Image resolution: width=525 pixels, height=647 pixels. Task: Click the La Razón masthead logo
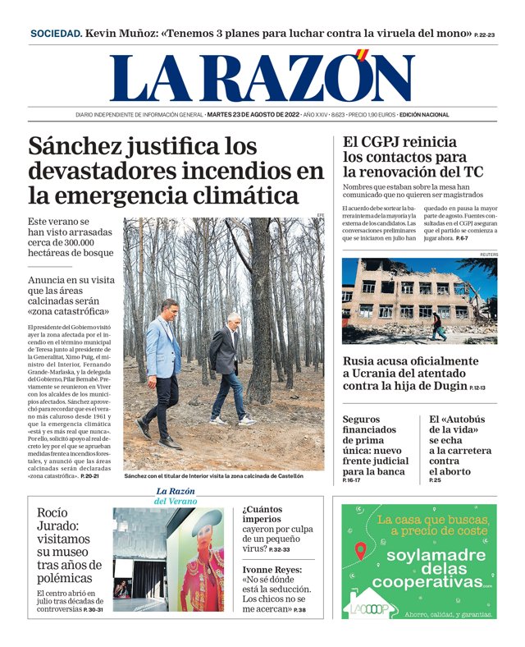coord(262,78)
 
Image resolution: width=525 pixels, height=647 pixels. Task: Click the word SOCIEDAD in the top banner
coord(56,34)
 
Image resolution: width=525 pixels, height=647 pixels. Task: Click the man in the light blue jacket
coord(164,369)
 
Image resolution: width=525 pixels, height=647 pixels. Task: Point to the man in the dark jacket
coord(228,365)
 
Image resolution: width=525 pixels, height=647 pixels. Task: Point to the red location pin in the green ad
coord(360,551)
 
